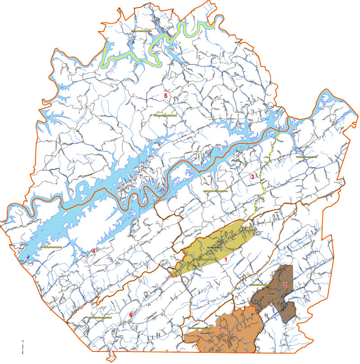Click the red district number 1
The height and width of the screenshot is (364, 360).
[226, 260]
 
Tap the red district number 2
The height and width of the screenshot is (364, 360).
[284, 285]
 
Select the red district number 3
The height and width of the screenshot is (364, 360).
[252, 177]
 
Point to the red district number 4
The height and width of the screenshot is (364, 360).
[94, 251]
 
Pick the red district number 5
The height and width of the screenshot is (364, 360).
[166, 96]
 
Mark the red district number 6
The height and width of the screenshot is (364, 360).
[131, 315]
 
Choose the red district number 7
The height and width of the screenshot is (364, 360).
[220, 331]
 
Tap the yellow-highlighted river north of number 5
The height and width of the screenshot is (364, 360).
[157, 45]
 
